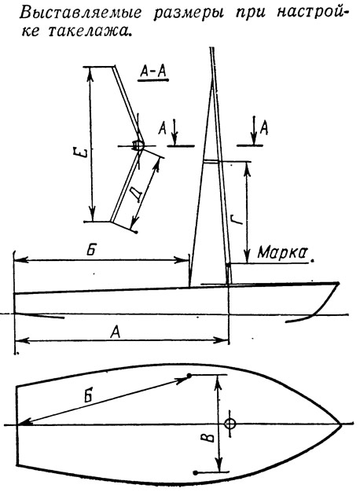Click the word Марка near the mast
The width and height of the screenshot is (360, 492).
coord(281,252)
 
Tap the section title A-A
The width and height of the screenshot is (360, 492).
coord(152,72)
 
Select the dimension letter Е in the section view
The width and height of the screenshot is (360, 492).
coord(82,154)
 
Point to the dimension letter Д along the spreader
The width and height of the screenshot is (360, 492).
coord(137,194)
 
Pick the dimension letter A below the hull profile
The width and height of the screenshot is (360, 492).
coord(116,332)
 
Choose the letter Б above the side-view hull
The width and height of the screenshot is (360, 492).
coord(90,251)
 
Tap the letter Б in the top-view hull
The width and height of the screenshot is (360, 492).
coord(89,395)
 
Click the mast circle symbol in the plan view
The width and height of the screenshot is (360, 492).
coord(230,424)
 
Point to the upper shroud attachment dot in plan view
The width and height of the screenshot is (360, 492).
coord(189,375)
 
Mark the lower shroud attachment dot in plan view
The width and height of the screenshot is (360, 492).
coord(196,472)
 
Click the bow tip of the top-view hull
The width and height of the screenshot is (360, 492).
coord(341,425)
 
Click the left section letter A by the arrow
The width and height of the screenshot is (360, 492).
coord(162,129)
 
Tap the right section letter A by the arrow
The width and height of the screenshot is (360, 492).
coord(264,128)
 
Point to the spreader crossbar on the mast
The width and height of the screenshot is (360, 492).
coord(213,162)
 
